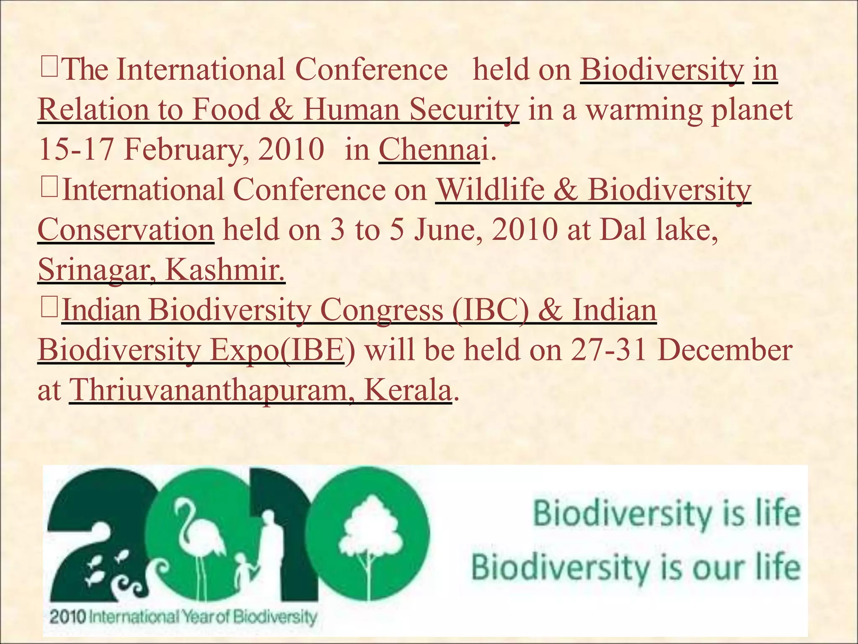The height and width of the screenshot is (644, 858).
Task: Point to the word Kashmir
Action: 225,270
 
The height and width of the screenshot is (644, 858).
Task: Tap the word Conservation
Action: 126,230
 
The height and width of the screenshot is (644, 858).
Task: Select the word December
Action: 725,350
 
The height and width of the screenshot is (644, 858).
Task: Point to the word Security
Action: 464,110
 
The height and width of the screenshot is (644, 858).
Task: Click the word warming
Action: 644,110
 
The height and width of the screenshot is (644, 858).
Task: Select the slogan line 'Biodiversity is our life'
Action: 636,567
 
